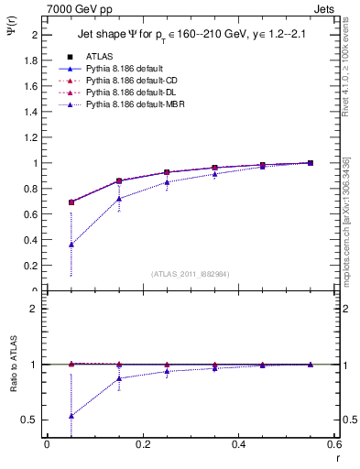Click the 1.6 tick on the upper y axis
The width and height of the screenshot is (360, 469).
click(32, 86)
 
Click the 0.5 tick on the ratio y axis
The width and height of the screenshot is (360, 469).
click(30, 420)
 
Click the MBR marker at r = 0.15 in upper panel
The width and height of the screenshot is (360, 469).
click(119, 199)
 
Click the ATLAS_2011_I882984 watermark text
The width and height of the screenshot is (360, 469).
click(190, 274)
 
